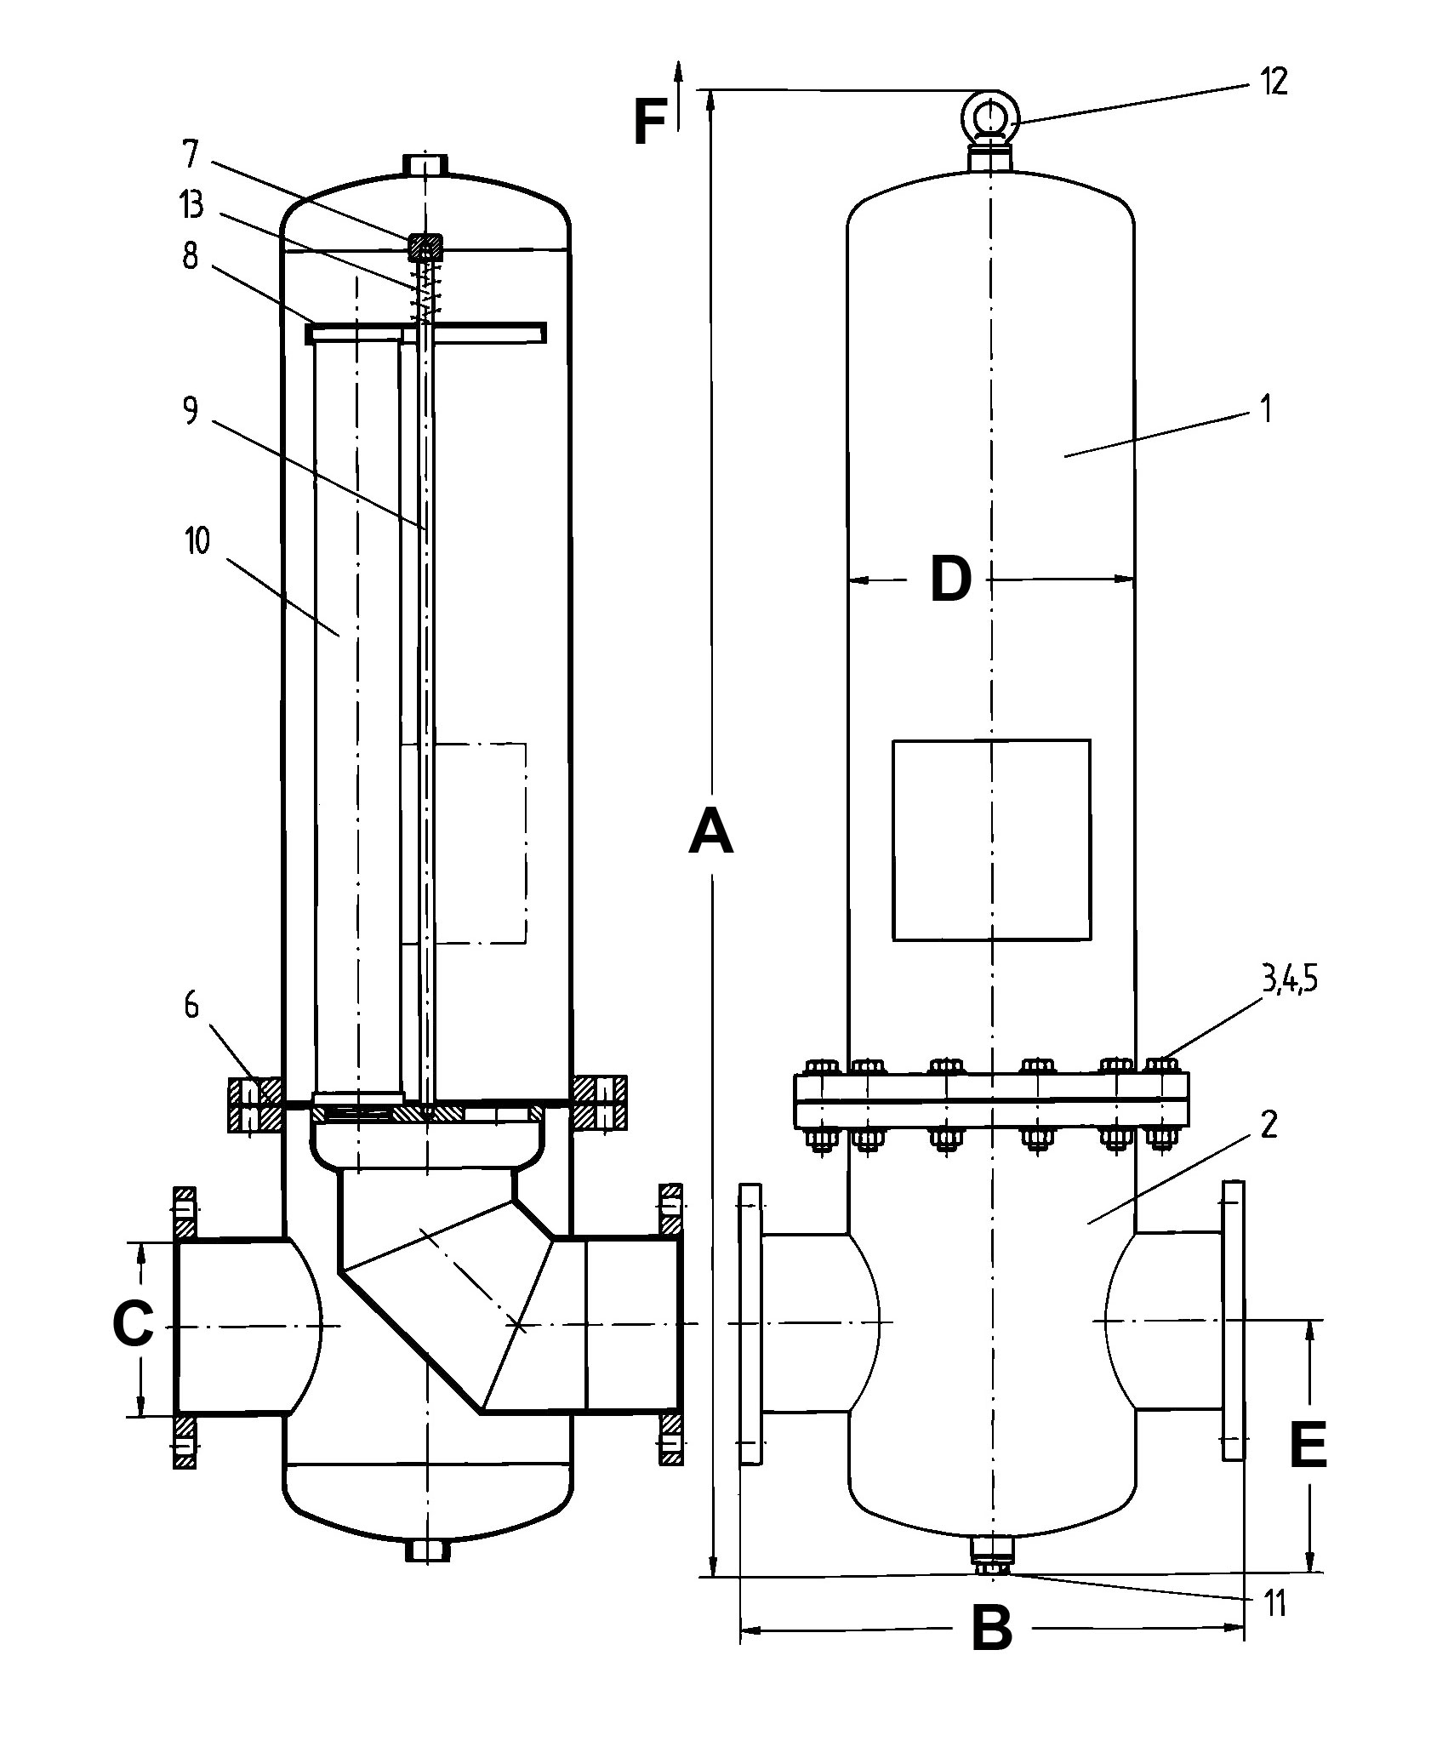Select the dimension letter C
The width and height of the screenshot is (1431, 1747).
point(134,1324)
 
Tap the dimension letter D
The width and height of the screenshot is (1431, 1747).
point(950,580)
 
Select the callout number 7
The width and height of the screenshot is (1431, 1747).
point(189,156)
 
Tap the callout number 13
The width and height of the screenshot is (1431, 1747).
point(192,205)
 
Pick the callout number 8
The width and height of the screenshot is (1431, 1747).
point(190,256)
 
